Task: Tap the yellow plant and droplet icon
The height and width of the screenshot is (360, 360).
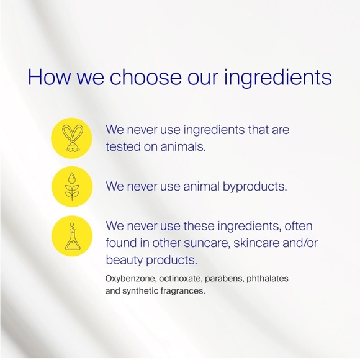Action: pyautogui.click(x=73, y=186)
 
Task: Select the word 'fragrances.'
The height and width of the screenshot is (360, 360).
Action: pyautogui.click(x=183, y=290)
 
